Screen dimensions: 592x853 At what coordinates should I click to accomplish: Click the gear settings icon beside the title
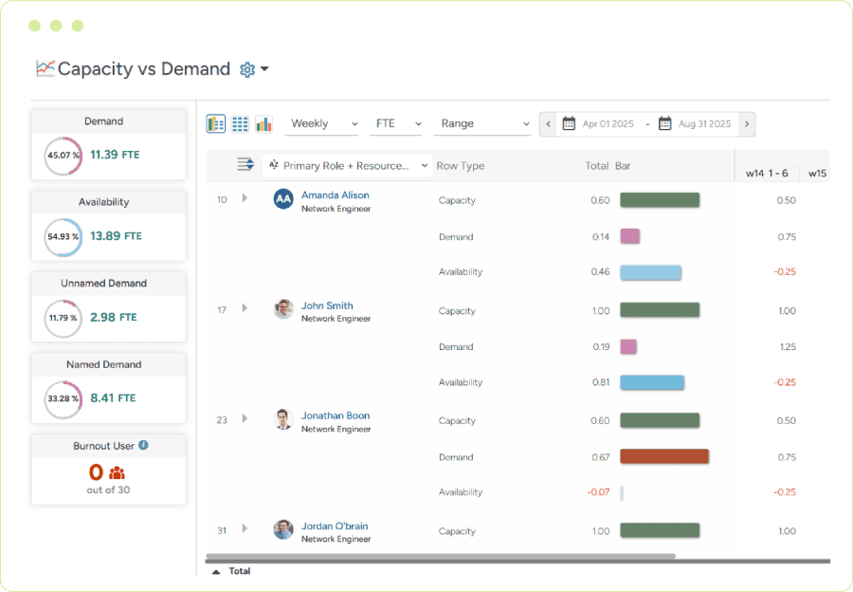[247, 69]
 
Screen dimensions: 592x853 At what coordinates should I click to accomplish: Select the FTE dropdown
[397, 123]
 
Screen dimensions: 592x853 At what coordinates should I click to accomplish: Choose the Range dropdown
[484, 123]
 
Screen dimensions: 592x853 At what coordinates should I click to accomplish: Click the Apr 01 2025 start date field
[602, 123]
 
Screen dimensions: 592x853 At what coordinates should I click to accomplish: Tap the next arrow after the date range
[747, 123]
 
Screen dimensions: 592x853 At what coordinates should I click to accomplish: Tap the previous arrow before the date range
[548, 123]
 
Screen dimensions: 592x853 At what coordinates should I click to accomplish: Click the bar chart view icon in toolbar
[263, 124]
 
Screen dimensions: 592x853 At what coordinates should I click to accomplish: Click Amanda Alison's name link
[335, 195]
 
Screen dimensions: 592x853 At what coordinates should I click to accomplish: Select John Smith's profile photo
[283, 309]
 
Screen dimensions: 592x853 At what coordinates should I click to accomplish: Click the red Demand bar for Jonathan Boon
[664, 456]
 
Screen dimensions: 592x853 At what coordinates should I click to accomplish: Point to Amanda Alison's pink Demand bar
[629, 236]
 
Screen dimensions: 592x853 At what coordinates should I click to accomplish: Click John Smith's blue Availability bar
[652, 382]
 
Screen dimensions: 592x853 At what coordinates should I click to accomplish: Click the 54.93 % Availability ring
[64, 237]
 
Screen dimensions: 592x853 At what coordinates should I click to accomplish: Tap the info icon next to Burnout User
[143, 445]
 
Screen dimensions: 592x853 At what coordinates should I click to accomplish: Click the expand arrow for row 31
[245, 528]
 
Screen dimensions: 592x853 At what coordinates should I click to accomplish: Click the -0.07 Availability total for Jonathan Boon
[598, 492]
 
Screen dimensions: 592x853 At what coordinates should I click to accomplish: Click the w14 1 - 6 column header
[767, 174]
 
